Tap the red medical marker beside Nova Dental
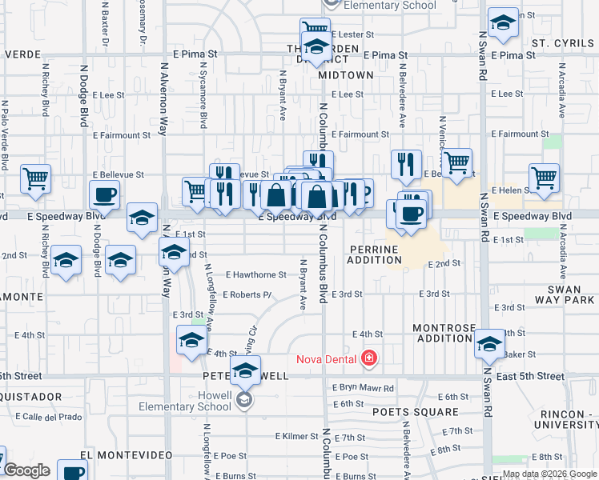pyautogui.click(x=368, y=358)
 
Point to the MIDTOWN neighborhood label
pyautogui.click(x=345, y=74)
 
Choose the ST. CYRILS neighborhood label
pyautogui.click(x=560, y=42)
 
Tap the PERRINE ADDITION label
pyautogui.click(x=373, y=255)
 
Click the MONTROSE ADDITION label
pyautogui.click(x=444, y=333)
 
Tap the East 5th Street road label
pyautogui.click(x=529, y=376)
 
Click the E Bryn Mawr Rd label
pyautogui.click(x=364, y=388)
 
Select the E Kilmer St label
pyautogui.click(x=295, y=437)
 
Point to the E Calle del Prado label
pyautogui.click(x=47, y=417)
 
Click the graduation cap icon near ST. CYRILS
pyautogui.click(x=503, y=24)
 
